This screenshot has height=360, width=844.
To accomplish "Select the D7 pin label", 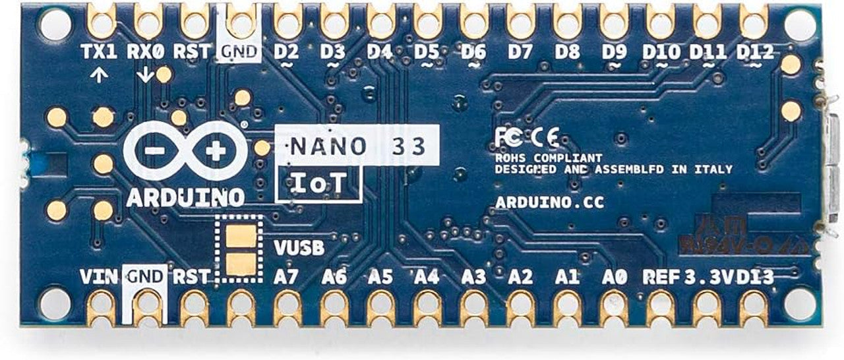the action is point(520,51).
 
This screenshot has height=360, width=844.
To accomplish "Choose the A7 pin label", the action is point(286,277).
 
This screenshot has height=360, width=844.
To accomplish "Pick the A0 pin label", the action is point(614,277).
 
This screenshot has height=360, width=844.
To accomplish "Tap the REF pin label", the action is point(661,277).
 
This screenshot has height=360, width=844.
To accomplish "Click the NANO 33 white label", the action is point(357,145).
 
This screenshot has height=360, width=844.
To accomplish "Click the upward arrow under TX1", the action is point(99,75).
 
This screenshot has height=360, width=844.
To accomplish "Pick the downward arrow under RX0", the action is point(144,76).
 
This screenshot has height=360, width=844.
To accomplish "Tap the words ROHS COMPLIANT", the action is point(549,158).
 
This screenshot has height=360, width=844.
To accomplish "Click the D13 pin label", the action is point(756,277).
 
